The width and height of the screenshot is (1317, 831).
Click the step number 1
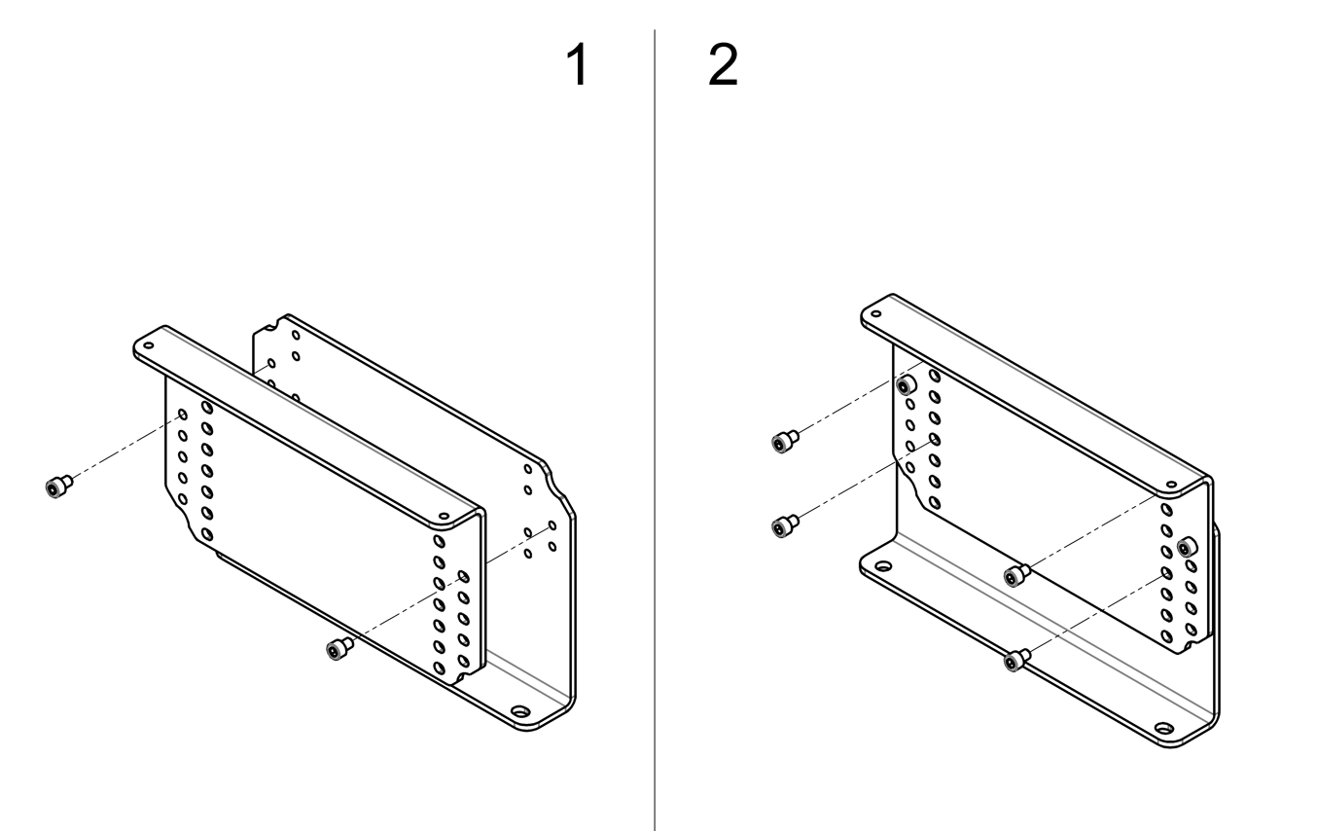pos(578,66)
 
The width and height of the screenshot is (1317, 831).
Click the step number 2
pos(723,66)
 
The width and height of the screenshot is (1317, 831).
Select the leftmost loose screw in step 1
pos(58,487)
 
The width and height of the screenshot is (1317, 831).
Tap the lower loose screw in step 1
pos(338,649)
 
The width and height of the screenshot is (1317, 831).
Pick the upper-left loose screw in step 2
pos(783,442)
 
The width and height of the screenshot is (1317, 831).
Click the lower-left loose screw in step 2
pos(783,526)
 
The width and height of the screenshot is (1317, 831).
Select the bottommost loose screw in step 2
pos(1016,662)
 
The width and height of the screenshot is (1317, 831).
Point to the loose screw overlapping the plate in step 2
pos(1016,576)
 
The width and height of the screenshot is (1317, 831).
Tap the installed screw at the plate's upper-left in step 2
pos(907,386)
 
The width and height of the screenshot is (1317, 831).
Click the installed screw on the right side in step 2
pos(1184,548)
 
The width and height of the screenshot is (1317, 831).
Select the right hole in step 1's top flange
pos(444,516)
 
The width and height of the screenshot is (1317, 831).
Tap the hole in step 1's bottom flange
pos(521,712)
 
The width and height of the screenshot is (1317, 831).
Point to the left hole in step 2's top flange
pos(875,313)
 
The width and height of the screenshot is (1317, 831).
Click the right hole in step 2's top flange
pos(1171,485)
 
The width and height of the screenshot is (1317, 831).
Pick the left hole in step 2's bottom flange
pos(883,565)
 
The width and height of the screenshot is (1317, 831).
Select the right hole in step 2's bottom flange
pos(1163,728)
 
